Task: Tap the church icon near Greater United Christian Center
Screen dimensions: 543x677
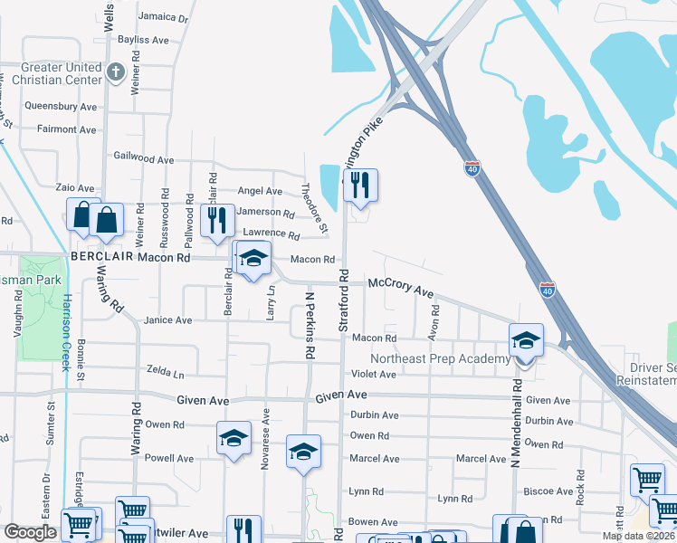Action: [115, 71]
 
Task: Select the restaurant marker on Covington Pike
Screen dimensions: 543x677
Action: [360, 186]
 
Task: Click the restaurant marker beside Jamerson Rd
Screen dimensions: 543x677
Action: [216, 220]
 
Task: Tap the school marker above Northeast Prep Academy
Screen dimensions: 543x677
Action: [526, 341]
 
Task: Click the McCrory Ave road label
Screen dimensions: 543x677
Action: [400, 287]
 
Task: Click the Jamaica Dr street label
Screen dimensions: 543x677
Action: [163, 17]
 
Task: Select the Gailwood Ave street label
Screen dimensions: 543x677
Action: [144, 158]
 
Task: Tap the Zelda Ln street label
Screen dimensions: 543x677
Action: [165, 372]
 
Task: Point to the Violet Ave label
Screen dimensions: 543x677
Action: [374, 374]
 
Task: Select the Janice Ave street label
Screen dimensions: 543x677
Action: [167, 320]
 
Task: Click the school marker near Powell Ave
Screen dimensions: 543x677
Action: [234, 439]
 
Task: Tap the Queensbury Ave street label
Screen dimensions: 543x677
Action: [61, 106]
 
